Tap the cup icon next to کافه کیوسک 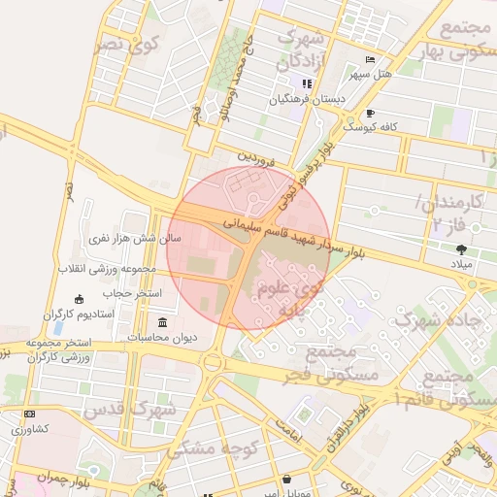(371, 114)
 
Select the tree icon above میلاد (460, 249)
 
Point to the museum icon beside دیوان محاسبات (160, 322)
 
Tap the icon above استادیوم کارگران (80, 299)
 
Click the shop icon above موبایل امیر (286, 480)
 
